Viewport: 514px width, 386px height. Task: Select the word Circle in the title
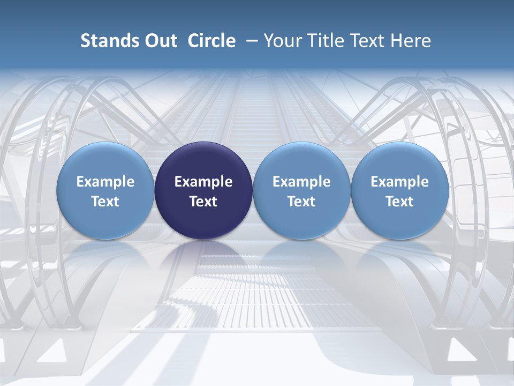point(211,41)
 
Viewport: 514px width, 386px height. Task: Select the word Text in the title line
point(368,41)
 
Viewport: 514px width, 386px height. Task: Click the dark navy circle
point(203,191)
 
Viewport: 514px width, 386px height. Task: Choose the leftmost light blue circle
point(105,191)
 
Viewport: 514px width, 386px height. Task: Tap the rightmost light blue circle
point(400,191)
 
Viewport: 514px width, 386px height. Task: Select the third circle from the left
point(301,191)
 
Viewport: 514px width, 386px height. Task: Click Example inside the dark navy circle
point(203,182)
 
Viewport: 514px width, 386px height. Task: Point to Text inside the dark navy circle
point(203,202)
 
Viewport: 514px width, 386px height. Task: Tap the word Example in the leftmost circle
point(105,182)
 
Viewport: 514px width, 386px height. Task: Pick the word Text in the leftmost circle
point(105,202)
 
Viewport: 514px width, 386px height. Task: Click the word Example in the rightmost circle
point(400,182)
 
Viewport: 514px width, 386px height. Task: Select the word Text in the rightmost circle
point(400,202)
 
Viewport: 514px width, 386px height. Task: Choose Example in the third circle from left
point(301,182)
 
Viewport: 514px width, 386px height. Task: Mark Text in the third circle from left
point(301,202)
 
